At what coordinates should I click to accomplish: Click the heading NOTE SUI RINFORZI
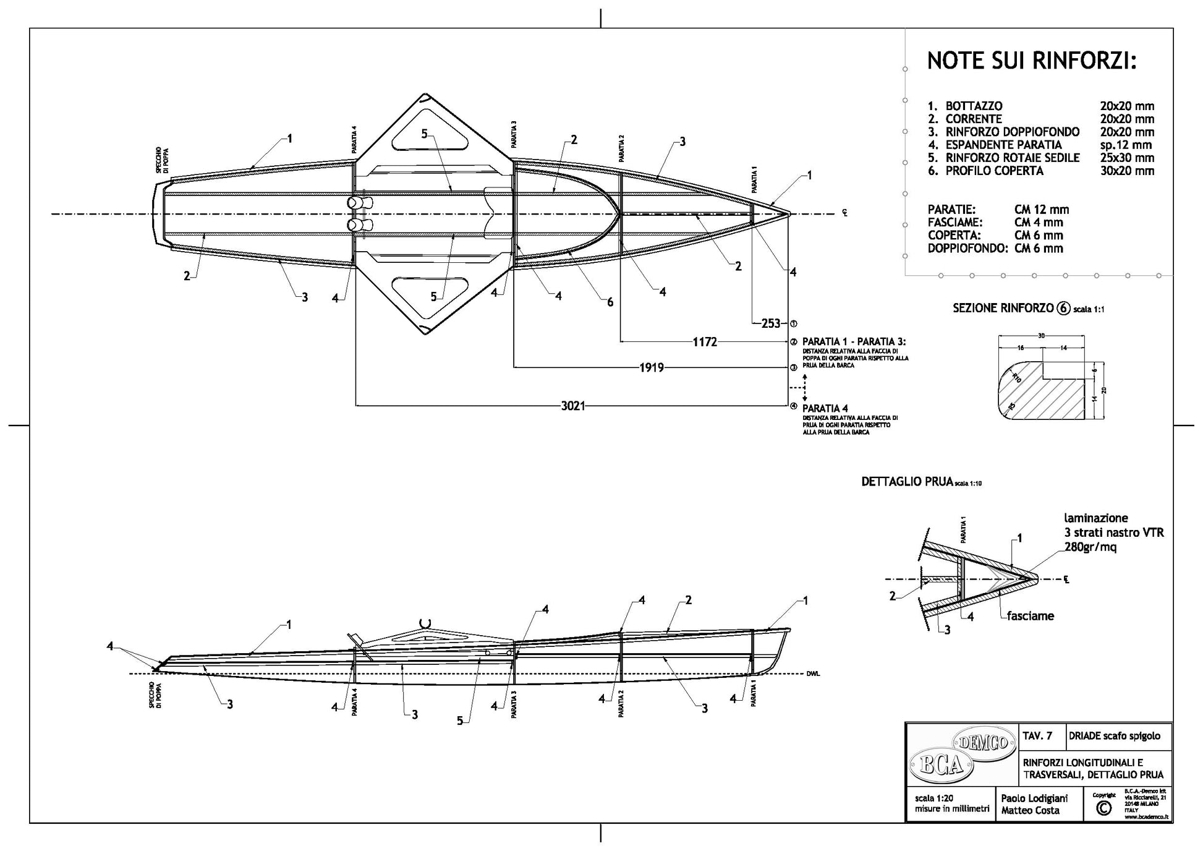(1032, 61)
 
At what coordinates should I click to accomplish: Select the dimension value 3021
(573, 406)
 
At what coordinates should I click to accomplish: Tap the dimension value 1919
(651, 368)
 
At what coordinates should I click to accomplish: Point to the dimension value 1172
(704, 341)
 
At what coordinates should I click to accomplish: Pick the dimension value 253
(770, 323)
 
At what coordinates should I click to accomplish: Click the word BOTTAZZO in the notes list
(974, 106)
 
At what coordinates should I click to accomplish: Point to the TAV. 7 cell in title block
(1038, 736)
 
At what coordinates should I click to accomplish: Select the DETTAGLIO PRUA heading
(907, 482)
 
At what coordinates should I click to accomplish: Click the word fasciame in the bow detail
(1030, 616)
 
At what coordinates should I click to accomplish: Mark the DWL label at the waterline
(813, 674)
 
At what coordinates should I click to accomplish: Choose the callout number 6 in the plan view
(610, 302)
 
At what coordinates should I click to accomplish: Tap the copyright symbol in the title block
(1102, 808)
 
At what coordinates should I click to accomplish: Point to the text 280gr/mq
(1090, 547)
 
